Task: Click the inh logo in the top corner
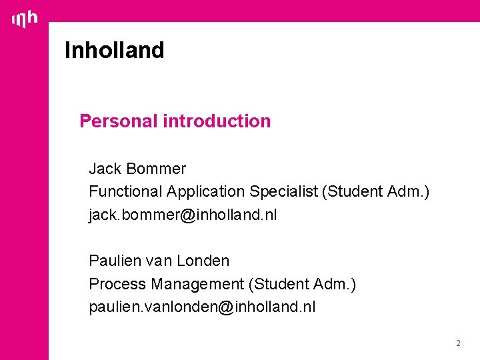[x=25, y=20]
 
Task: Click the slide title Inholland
[x=114, y=51]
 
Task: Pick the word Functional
[x=125, y=192]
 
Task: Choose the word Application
[x=206, y=192]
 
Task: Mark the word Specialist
[x=284, y=192]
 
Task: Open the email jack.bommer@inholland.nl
[x=183, y=215]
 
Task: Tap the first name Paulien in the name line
[x=115, y=261]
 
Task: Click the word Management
[x=197, y=284]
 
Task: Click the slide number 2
[x=458, y=343]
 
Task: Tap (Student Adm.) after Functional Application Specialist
[x=375, y=192]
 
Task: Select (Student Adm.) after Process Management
[x=302, y=284]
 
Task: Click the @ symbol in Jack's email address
[x=187, y=215]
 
